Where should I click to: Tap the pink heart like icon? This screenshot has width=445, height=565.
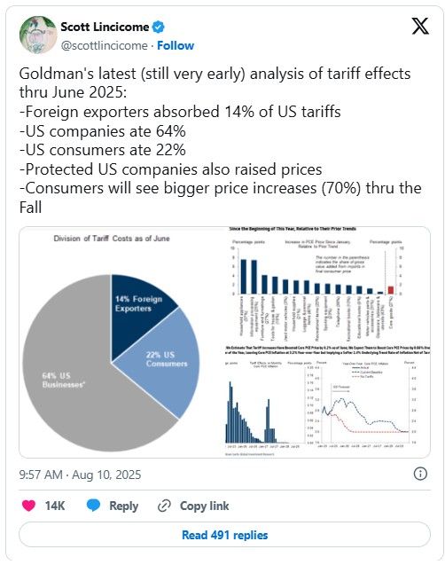pos(28,506)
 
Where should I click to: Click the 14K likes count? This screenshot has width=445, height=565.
pos(55,506)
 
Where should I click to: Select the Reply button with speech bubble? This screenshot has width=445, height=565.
pos(113,506)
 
